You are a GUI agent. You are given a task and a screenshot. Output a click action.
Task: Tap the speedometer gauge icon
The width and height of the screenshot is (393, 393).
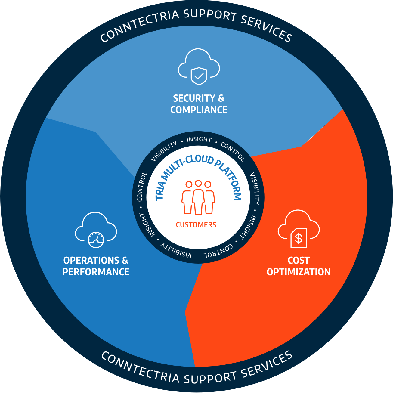96,240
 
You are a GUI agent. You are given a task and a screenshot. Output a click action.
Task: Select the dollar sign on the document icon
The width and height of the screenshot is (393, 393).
299,238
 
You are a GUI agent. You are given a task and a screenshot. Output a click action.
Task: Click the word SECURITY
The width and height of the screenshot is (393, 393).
194,98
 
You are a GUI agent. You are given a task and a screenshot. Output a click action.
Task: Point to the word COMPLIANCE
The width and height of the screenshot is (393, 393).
199,110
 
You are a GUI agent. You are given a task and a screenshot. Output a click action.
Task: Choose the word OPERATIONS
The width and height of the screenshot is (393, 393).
91,260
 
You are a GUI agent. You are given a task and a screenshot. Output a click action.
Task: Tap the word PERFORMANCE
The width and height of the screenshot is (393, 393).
96,272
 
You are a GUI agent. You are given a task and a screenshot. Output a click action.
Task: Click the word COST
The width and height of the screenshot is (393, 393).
299,260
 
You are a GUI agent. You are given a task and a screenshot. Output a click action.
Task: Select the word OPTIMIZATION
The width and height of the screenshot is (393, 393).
299,272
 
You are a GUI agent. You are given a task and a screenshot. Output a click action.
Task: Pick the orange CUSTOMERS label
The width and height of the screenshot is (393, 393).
196,225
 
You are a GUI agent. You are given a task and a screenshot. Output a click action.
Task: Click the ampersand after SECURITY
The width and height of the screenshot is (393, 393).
221,98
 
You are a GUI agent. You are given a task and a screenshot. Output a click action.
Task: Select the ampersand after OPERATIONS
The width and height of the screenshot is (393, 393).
125,260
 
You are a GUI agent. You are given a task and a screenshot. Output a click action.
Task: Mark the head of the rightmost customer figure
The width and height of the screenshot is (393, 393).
208,184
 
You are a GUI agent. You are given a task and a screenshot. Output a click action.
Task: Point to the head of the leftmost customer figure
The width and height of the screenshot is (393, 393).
189,184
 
